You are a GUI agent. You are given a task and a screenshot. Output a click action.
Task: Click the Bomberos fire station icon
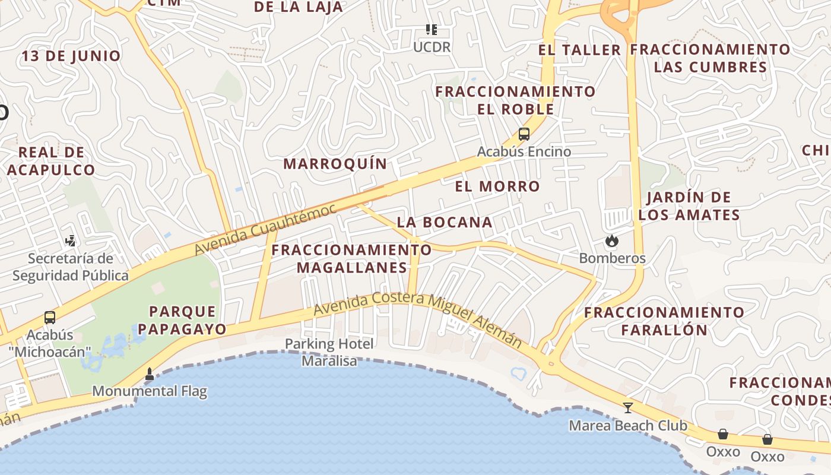(611, 241)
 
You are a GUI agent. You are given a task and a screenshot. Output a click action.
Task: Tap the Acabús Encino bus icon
(524, 134)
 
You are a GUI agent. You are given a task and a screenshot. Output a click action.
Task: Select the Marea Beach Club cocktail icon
(627, 408)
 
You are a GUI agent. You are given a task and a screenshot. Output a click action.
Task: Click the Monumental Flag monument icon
(150, 374)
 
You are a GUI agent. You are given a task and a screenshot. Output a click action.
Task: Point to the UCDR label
(432, 47)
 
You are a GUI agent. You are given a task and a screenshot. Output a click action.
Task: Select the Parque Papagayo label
(188, 320)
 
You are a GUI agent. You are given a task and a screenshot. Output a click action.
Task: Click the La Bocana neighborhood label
(445, 223)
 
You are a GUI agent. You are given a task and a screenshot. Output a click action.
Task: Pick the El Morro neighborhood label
(497, 186)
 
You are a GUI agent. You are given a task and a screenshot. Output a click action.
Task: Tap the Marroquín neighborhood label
(335, 164)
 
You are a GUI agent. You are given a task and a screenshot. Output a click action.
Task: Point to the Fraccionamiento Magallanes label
(351, 259)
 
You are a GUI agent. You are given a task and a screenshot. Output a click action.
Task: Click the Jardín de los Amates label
(689, 206)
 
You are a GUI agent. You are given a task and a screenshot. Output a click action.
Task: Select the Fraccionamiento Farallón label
(664, 321)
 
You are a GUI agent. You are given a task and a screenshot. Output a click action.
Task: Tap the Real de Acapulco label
(51, 161)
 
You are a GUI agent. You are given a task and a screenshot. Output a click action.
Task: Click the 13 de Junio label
(71, 56)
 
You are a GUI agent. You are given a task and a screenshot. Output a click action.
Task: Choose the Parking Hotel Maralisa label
(329, 352)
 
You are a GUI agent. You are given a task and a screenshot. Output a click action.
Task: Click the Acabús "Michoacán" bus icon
(50, 318)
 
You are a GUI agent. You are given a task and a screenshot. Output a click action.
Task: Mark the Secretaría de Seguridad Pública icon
(71, 241)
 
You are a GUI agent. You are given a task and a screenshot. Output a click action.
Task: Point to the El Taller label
(579, 50)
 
